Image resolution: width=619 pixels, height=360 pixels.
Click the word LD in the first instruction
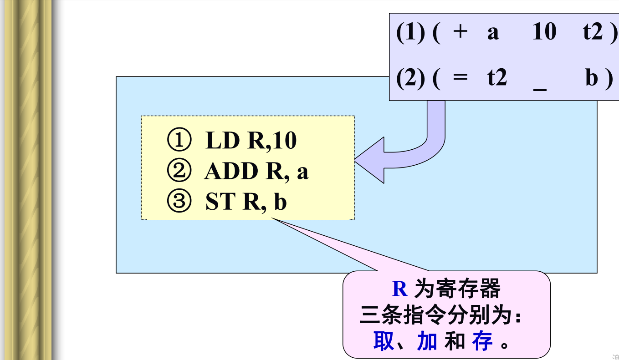(x=222, y=141)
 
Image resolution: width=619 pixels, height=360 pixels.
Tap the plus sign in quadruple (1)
(x=460, y=33)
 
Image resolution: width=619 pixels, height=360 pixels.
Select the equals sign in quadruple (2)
(x=460, y=78)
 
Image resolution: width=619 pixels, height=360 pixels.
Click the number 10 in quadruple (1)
(x=544, y=33)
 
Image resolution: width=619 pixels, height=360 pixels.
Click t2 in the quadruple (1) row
(x=593, y=33)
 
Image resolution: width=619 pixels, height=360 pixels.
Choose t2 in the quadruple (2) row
(x=497, y=78)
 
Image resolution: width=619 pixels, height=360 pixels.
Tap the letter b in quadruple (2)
(x=592, y=78)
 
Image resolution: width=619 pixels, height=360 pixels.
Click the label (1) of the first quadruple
(x=410, y=33)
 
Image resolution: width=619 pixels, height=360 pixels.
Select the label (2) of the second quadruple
(x=410, y=78)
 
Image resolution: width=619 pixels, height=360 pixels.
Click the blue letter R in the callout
(x=399, y=289)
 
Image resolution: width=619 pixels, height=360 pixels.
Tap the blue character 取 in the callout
(x=383, y=341)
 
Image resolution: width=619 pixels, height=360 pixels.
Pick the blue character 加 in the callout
(x=427, y=341)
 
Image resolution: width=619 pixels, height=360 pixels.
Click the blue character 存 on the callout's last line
(x=482, y=341)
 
